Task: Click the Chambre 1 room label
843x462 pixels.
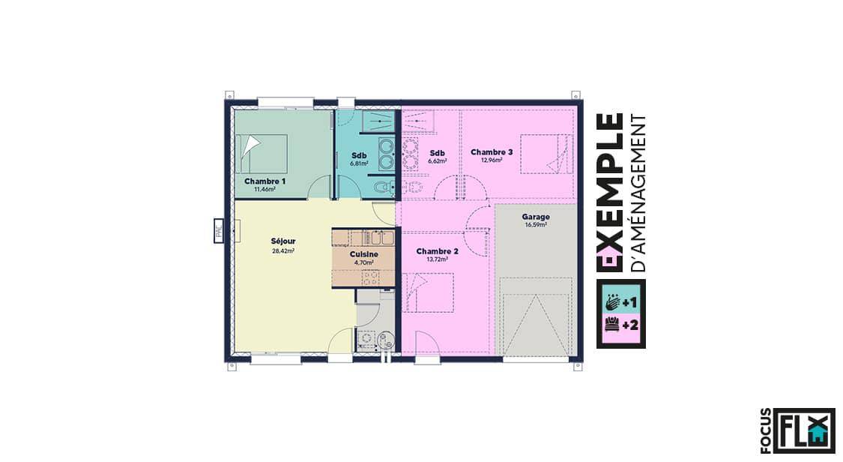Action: tap(265, 181)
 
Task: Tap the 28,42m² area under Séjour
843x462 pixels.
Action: tap(283, 250)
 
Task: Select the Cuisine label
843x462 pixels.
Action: tap(364, 253)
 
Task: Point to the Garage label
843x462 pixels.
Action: tap(536, 217)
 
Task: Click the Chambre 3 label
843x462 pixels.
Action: tap(492, 152)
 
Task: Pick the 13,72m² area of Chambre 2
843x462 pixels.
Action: tap(437, 259)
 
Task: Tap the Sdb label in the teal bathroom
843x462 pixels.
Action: tap(359, 155)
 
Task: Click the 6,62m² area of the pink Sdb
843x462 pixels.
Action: tap(437, 160)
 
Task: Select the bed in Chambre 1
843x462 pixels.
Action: tap(262, 153)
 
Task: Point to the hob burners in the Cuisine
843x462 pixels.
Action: tap(370, 277)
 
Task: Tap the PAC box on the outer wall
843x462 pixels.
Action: tap(219, 230)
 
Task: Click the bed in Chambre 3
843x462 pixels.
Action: tap(546, 154)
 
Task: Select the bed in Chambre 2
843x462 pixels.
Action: tap(429, 292)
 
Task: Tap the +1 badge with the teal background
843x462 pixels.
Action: tap(621, 303)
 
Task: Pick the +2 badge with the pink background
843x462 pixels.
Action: tap(621, 325)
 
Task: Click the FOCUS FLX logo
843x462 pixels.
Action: tap(798, 431)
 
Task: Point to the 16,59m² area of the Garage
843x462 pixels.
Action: tap(536, 225)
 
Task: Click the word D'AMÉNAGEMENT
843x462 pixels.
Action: tap(638, 193)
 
